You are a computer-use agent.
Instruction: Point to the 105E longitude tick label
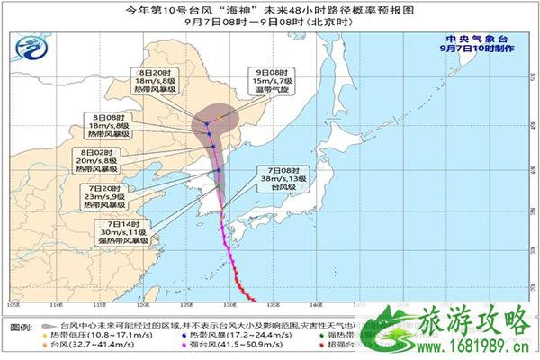click(x=13, y=303)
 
